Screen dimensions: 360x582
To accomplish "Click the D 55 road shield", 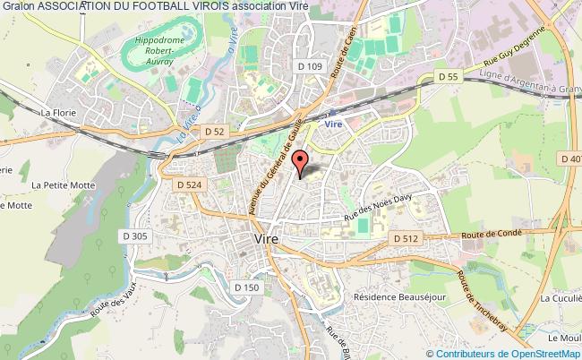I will pyautogui.click(x=449, y=77).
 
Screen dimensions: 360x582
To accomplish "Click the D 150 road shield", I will pyautogui.click(x=246, y=287).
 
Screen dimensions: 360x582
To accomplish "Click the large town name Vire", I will pyautogui.click(x=266, y=241).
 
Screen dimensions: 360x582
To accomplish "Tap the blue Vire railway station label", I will pyautogui.click(x=334, y=124).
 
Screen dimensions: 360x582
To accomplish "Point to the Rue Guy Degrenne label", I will pyautogui.click(x=515, y=56).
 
